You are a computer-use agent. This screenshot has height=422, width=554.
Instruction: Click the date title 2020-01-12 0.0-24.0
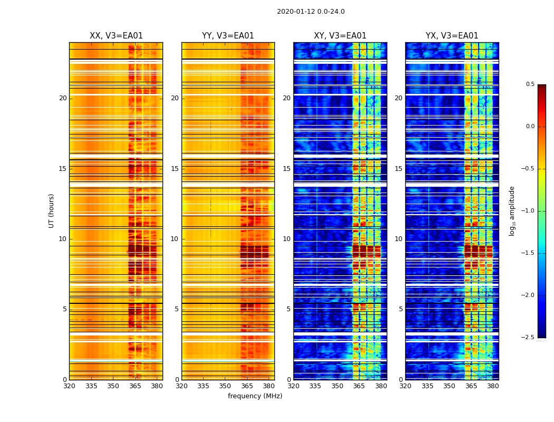point(311,12)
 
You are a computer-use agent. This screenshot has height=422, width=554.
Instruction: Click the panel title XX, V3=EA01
point(116,36)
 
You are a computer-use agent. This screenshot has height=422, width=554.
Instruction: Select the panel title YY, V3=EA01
point(228,36)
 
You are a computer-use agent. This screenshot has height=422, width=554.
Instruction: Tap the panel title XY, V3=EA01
point(340,36)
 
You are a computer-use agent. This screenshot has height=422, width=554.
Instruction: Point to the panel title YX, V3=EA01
point(452,36)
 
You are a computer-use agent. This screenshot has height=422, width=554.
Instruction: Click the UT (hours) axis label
point(51,210)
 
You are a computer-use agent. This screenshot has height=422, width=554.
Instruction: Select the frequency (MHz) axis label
point(255,396)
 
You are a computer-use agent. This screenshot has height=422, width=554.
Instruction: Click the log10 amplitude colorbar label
point(512,210)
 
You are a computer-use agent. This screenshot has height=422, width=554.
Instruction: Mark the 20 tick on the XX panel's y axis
point(63,98)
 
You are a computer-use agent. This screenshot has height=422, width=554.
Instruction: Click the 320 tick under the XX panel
point(69,386)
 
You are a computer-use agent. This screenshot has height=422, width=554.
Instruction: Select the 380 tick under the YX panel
point(493,386)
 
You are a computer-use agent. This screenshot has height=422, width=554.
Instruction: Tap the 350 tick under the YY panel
point(225,386)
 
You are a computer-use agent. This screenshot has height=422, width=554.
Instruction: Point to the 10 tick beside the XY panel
point(286,239)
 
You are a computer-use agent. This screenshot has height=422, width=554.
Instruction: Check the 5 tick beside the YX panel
point(400,309)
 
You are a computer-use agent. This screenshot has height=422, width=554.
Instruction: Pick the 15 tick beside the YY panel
point(175,169)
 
